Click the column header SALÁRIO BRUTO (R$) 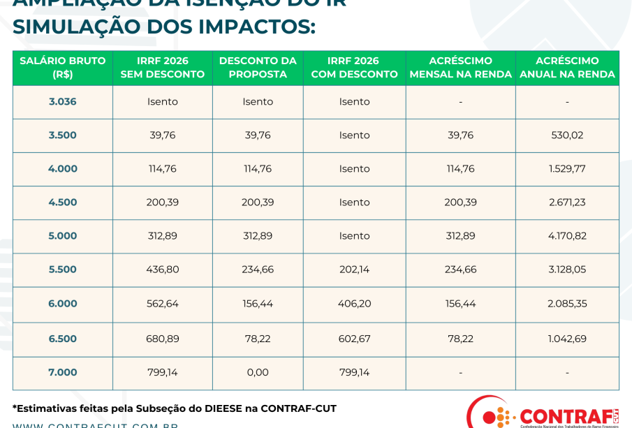(63, 68)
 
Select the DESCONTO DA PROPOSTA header (258, 68)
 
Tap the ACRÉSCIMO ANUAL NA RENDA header (567, 68)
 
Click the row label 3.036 (63, 102)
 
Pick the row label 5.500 (63, 270)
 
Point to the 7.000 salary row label (63, 373)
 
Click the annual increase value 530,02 (567, 135)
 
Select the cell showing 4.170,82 (567, 236)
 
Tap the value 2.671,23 (567, 202)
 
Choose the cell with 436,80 (163, 270)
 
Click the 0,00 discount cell (258, 373)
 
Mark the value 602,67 (354, 339)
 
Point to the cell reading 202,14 (354, 270)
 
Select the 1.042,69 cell (567, 339)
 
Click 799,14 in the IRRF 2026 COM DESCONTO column (354, 373)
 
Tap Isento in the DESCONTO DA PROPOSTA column (258, 102)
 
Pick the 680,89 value (163, 339)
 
